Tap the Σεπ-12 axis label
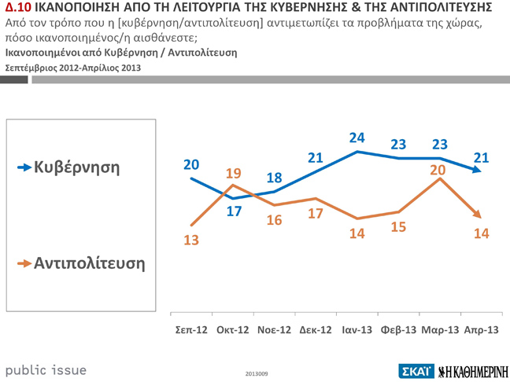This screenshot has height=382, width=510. tap(191, 329)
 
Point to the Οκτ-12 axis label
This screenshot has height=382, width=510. tap(233, 329)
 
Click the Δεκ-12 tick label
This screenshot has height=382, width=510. tap(316, 329)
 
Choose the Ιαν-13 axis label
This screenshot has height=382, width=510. tap(357, 329)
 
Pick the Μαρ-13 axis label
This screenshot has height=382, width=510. tap(440, 329)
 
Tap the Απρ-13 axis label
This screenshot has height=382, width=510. tap(481, 329)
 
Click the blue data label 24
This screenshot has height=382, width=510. tap(358, 138)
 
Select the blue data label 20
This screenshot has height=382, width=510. tap(191, 164)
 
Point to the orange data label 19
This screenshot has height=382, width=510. tap(233, 174)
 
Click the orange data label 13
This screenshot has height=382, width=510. tap(191, 240)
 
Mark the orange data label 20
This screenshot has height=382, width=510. tap(438, 169)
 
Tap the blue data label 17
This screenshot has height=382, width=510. tap(234, 211)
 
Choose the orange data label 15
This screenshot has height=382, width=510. tap(399, 226)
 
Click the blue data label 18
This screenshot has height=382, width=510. tap(274, 178)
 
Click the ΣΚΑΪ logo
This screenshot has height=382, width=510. tap(415, 370)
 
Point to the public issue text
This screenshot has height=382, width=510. tap(46, 369)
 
